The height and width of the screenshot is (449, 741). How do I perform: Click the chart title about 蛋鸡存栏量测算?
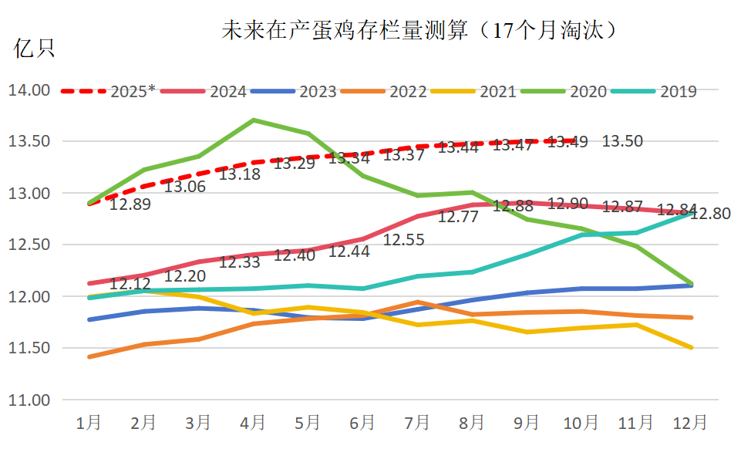coord(421,30)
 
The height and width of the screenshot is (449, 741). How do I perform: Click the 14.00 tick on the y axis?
coord(29,90)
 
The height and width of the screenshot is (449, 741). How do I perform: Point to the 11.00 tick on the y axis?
coord(29,400)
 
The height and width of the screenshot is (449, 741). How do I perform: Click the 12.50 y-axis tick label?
coord(29,245)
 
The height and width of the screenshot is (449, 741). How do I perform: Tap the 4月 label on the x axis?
coord(254,423)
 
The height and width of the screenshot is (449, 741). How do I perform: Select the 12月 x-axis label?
coord(690,423)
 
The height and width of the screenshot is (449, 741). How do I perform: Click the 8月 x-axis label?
coord(472,423)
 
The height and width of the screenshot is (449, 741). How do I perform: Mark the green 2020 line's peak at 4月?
coord(254,120)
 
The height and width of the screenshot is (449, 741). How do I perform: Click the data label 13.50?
coord(622,141)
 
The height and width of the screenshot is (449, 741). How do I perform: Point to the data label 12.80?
coord(710,214)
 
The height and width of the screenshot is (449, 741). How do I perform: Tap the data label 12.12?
coord(130,285)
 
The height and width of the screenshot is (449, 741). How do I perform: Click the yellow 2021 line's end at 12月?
coord(691,348)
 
